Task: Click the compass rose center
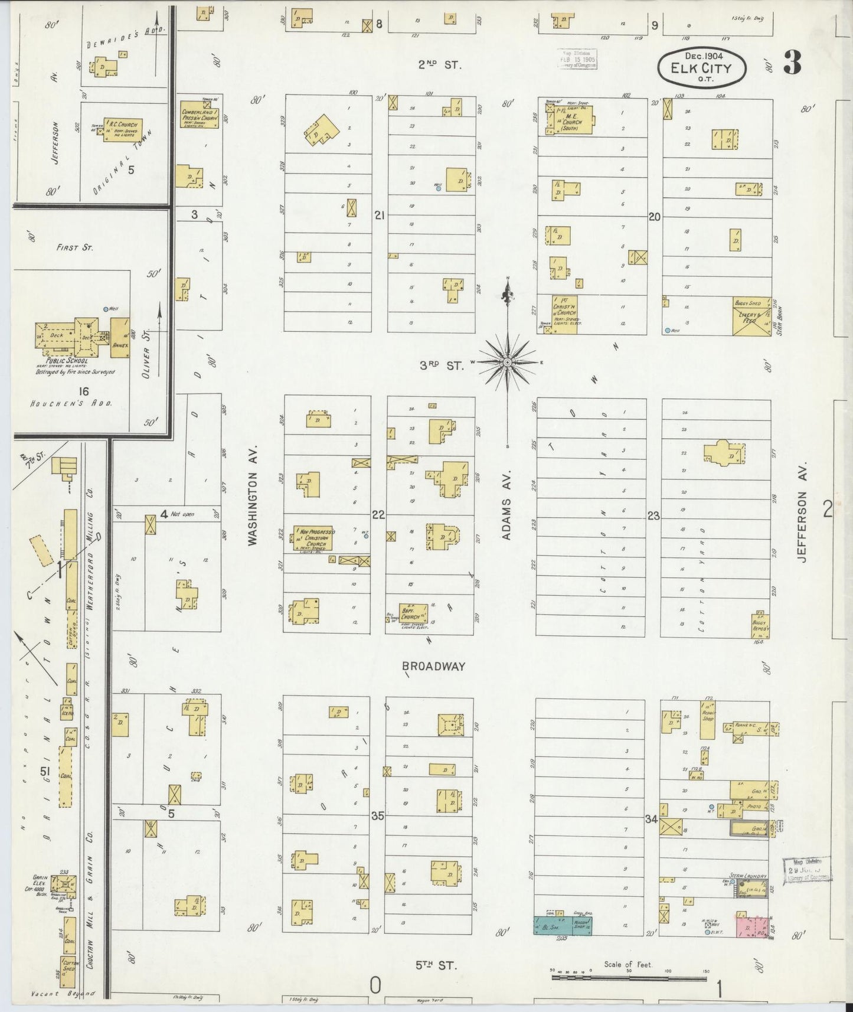pyautogui.click(x=508, y=361)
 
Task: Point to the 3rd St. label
pyautogui.click(x=442, y=366)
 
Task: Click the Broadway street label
pyautogui.click(x=434, y=666)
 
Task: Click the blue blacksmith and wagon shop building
pyautogui.click(x=564, y=925)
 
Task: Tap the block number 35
pyautogui.click(x=378, y=817)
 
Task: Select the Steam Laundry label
pyautogui.click(x=748, y=876)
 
